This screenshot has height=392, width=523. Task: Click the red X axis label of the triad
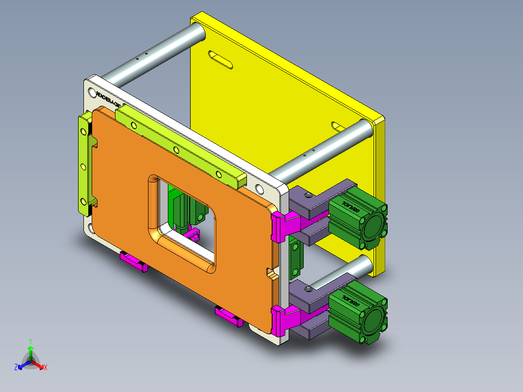[x=46, y=368]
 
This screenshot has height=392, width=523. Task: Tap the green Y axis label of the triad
[x=30, y=341]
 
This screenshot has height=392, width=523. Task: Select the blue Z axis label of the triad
[x=16, y=368]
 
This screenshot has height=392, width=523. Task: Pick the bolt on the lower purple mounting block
[x=308, y=289]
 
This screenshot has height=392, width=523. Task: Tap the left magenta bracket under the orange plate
[x=133, y=262]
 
